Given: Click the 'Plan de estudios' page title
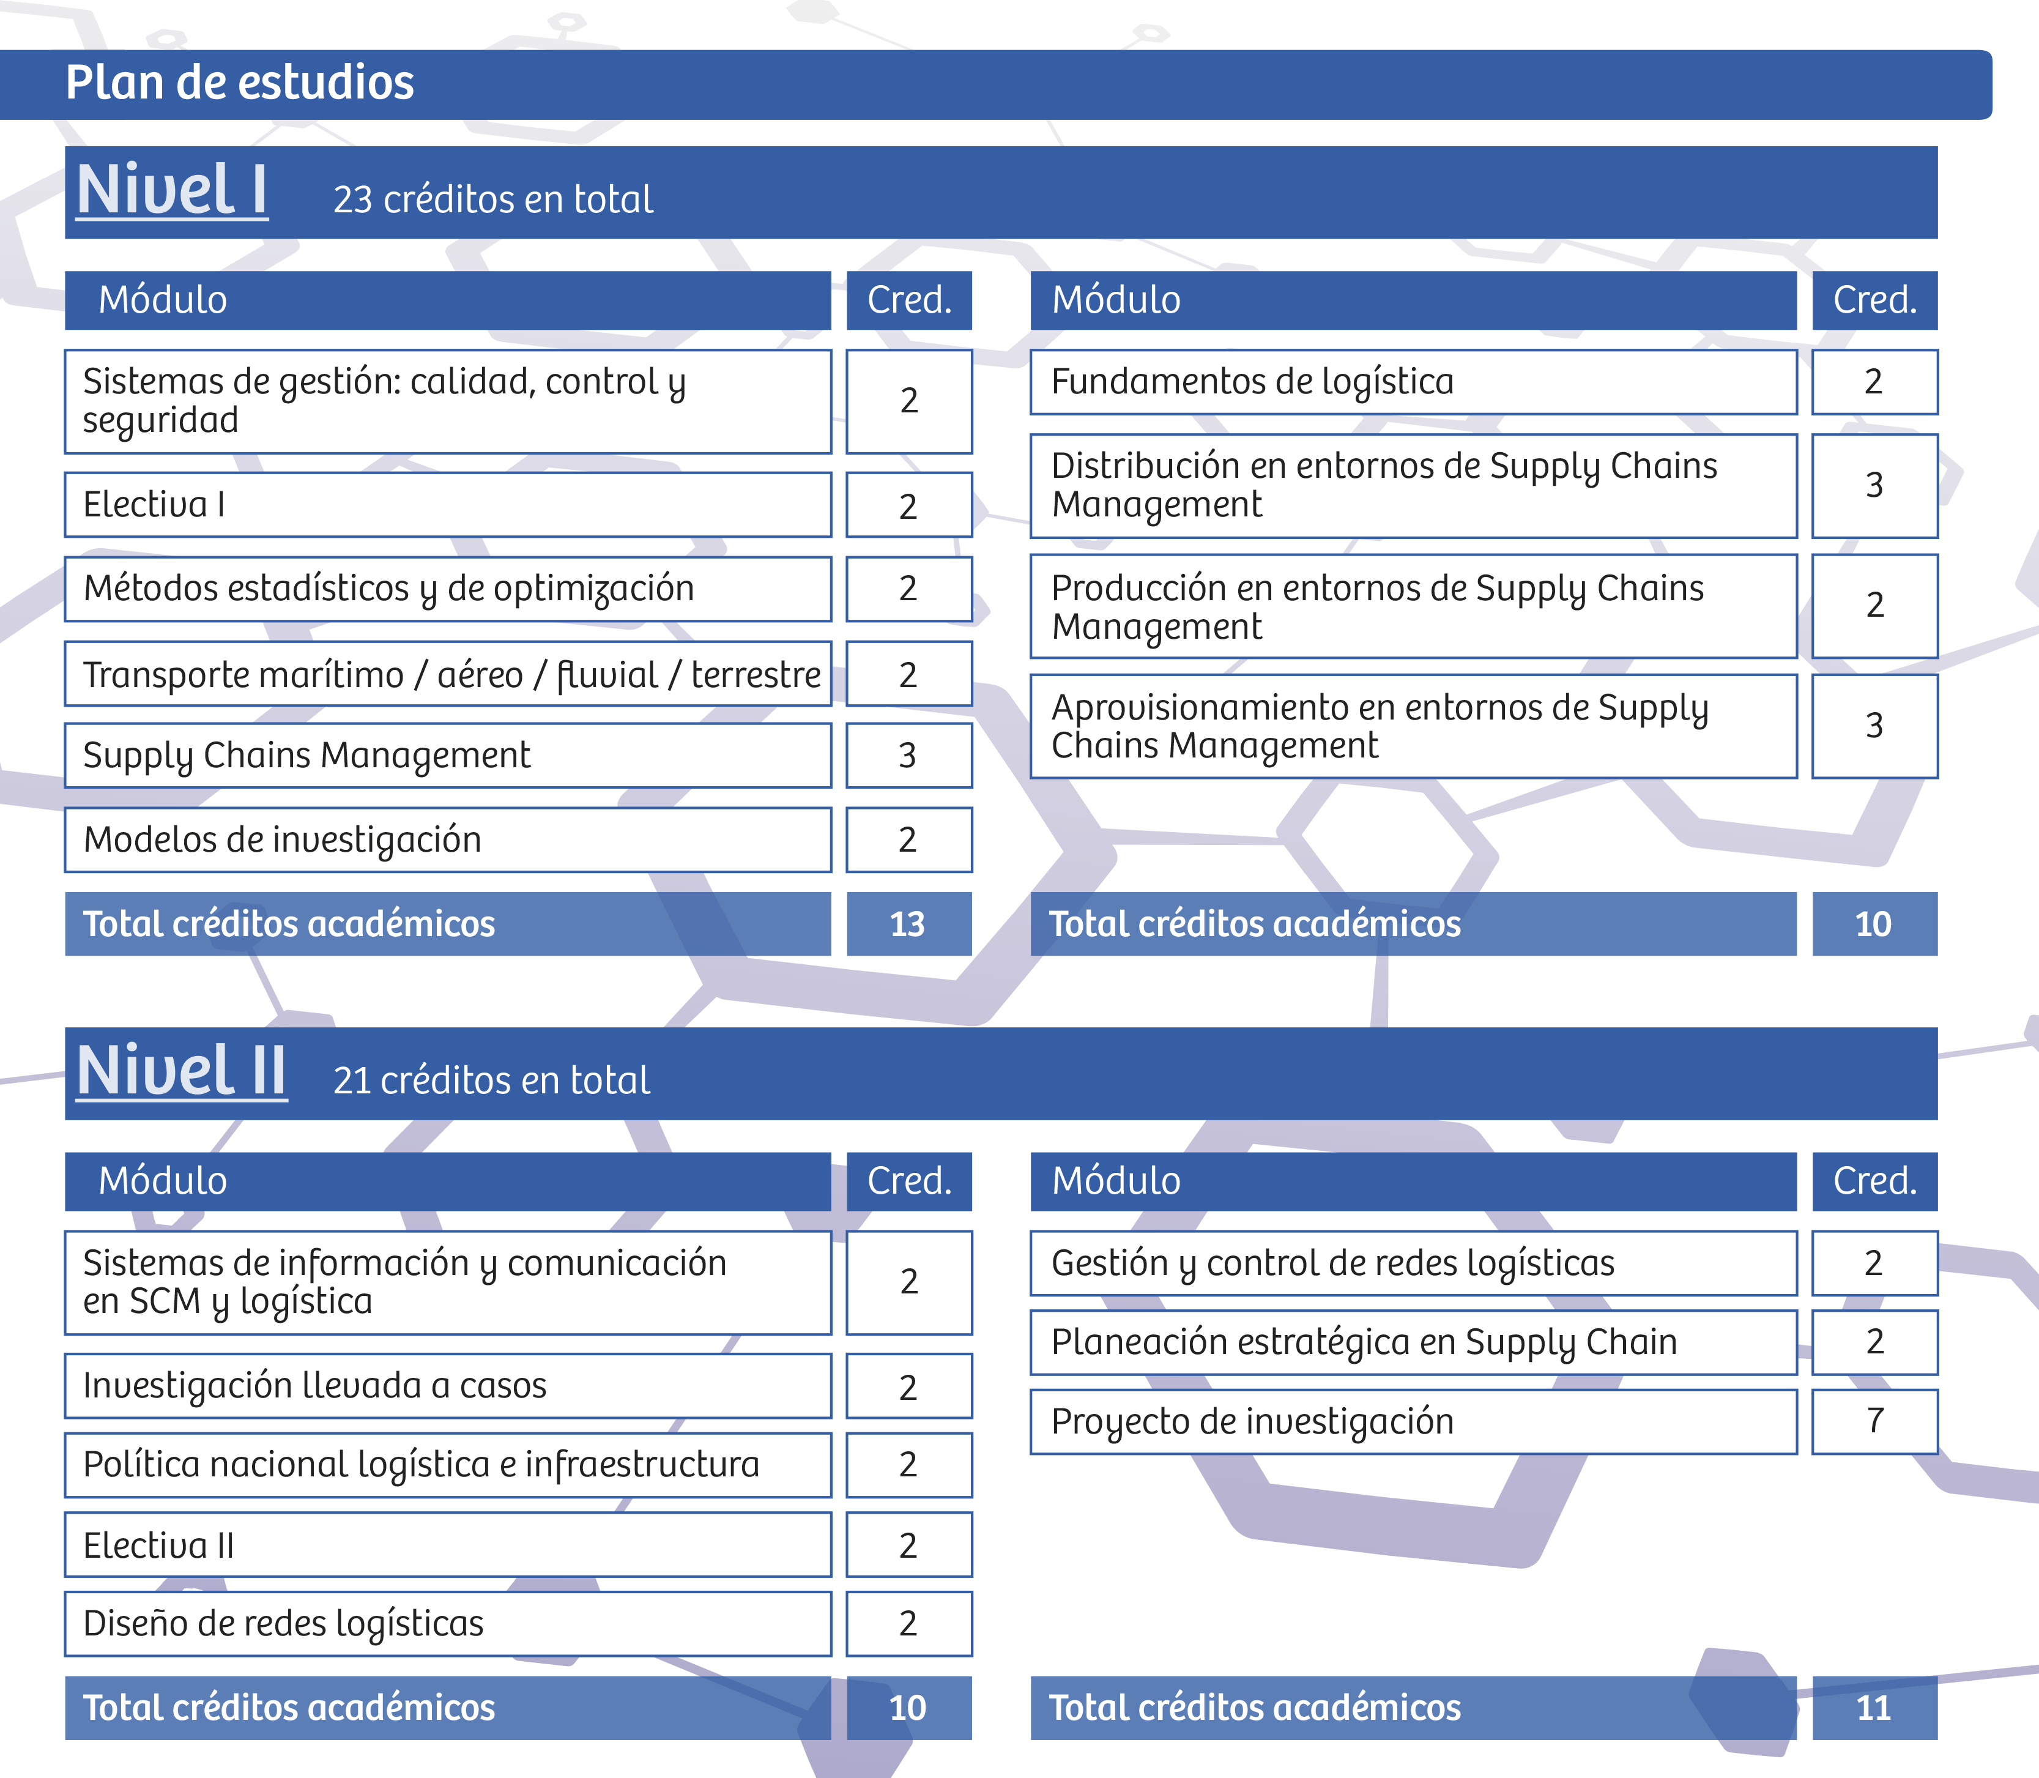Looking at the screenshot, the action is pos(239,83).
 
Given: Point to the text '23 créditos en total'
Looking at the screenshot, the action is pos(493,199).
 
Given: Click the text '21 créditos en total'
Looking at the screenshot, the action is pos(492,1081).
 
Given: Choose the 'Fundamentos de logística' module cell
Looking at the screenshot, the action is pos(1413,382).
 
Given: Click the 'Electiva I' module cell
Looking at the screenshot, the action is pos(447,505).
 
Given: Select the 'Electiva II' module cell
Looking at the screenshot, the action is pos(447,1545).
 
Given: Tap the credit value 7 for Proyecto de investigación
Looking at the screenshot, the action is pos(1874,1421).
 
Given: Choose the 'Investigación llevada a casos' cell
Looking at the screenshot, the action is pos(447,1386).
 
